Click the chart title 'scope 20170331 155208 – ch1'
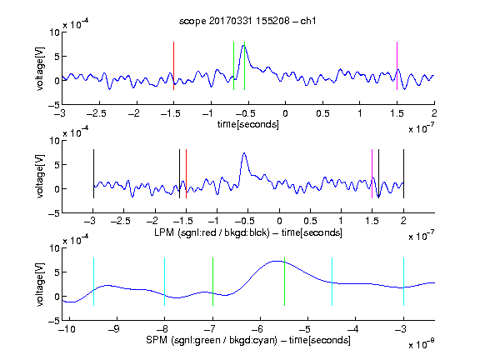pos(247,21)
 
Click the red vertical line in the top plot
pos(173,66)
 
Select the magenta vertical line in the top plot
pos(397,66)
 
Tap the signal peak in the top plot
pos(243,46)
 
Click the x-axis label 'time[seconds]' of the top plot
pos(248,124)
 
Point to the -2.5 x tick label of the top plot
pos(97,113)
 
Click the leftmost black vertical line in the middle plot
pos(93,173)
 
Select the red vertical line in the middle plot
pos(186,173)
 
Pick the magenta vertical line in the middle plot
pos(372,173)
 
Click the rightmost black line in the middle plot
pos(403,173)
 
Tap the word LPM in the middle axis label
pos(164,232)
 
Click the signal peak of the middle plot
pos(244,153)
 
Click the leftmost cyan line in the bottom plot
pos(93,282)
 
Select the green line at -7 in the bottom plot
pos(212,282)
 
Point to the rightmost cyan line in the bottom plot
pos(403,282)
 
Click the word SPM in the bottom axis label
pos(157,340)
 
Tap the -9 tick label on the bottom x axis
pos(114,329)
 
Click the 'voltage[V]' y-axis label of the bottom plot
pos(40,284)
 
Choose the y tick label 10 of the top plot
pos(55,32)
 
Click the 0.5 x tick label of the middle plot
pos(310,221)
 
